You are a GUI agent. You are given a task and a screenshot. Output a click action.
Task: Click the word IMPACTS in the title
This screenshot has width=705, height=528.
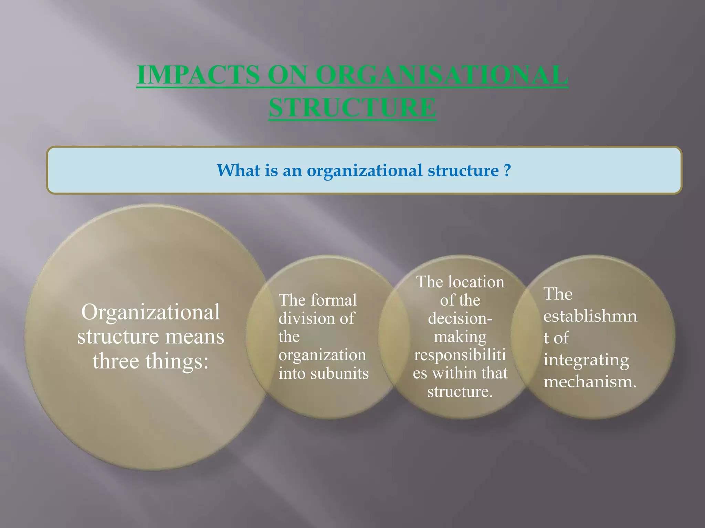199,75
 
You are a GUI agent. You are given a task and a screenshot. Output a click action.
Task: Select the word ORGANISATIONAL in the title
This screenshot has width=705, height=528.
442,75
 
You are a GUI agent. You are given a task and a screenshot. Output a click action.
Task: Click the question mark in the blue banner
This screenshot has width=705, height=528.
507,170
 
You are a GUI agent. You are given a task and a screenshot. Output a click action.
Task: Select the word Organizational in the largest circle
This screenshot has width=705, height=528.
150,312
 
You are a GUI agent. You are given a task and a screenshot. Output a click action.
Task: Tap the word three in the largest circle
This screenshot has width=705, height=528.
115,361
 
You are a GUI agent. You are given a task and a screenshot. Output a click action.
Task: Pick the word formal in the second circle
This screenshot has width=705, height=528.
334,300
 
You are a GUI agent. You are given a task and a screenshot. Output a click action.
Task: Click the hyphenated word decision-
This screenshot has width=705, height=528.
460,318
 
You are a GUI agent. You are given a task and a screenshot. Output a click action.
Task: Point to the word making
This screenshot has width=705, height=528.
460,337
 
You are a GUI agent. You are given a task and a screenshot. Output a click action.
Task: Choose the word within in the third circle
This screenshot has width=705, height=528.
462,373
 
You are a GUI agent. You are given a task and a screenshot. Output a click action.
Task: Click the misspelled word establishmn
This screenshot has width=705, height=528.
590,316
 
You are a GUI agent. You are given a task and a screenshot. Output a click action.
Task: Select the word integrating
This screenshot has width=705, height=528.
586,360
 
